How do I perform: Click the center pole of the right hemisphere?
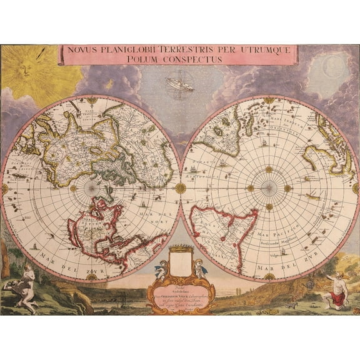[x=270, y=187]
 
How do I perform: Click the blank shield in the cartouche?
[x=180, y=261]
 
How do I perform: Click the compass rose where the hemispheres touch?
[x=180, y=187]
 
